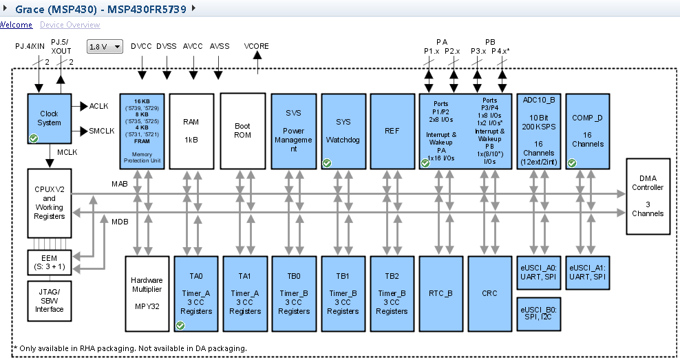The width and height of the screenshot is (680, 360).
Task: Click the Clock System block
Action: pyautogui.click(x=49, y=118)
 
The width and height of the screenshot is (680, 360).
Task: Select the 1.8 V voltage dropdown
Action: pyautogui.click(x=105, y=47)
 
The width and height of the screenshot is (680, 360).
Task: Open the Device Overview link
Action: pyautogui.click(x=70, y=25)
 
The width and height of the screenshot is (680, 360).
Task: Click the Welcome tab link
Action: pyautogui.click(x=15, y=25)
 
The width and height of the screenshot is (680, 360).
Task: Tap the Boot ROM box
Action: pyautogui.click(x=243, y=131)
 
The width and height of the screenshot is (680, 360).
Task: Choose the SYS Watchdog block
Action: pyautogui.click(x=343, y=131)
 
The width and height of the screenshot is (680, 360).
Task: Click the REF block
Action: pyautogui.click(x=392, y=131)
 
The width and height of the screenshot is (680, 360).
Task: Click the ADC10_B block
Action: pyautogui.click(x=539, y=131)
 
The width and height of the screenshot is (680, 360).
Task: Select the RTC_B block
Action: pyautogui.click(x=441, y=293)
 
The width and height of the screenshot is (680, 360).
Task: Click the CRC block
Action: pyautogui.click(x=490, y=293)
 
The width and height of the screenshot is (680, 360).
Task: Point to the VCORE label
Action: pyautogui.click(x=256, y=46)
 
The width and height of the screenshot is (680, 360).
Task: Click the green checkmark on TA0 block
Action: pyautogui.click(x=180, y=325)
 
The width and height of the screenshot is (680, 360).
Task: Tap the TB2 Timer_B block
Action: pyautogui.click(x=392, y=293)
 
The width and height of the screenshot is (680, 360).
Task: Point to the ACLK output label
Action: pyautogui.click(x=98, y=105)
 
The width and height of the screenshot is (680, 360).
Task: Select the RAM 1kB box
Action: pyautogui.click(x=191, y=131)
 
